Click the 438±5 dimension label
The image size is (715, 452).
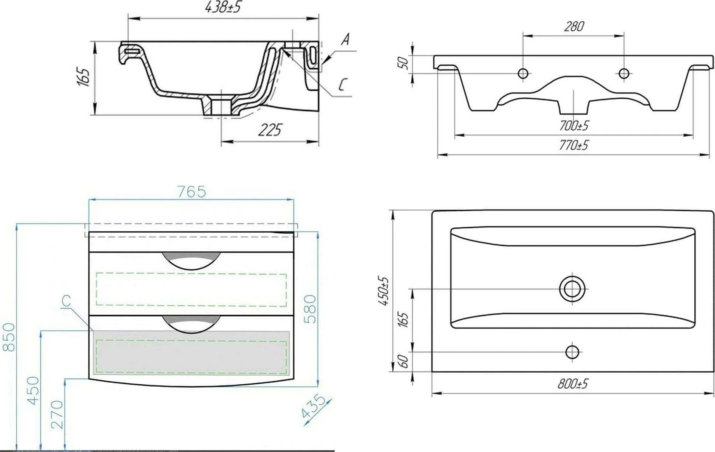tap(223, 7)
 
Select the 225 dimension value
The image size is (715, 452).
tap(270, 130)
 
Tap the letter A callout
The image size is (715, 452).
tap(345, 39)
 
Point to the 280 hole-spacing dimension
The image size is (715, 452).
tap(574, 26)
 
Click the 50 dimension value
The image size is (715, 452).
tap(404, 63)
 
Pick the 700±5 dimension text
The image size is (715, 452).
tap(574, 126)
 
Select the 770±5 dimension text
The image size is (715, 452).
tap(574, 145)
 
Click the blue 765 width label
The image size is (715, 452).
tap(191, 192)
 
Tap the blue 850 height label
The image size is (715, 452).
tap(9, 337)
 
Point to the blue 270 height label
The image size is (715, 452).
tap(57, 415)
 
